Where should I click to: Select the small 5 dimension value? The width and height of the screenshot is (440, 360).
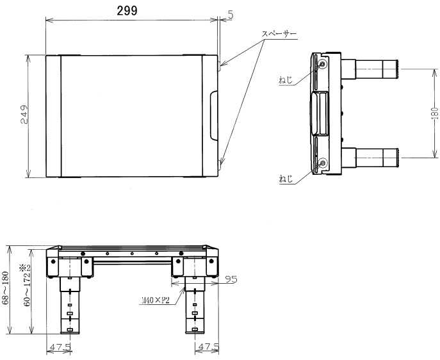[229, 13]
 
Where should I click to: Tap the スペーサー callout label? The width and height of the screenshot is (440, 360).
[279, 33]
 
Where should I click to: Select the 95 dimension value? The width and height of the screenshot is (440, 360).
[231, 279]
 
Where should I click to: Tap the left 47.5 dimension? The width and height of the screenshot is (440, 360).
[60, 348]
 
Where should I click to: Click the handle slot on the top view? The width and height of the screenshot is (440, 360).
[214, 116]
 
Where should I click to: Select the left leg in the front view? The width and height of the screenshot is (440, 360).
[70, 304]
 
